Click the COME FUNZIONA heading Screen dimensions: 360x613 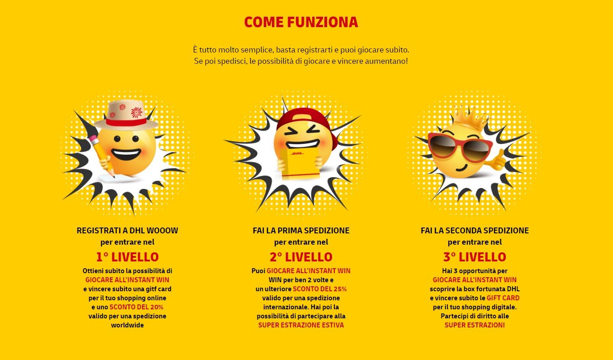(301, 22)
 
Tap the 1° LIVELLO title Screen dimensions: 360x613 (127, 257)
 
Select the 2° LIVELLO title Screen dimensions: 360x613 (301, 257)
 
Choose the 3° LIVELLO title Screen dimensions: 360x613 (475, 257)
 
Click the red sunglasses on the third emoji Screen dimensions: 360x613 (459, 146)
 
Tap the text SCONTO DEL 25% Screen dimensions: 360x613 (320, 289)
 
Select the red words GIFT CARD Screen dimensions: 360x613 (503, 298)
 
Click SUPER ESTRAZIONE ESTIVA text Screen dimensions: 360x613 (301, 325)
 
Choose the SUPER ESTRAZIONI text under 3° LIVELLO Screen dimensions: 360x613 (475, 325)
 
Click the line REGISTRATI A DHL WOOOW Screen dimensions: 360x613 (127, 231)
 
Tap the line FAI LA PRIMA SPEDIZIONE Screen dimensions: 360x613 (301, 231)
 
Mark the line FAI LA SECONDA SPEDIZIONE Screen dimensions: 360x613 (475, 231)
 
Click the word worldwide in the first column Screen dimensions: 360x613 (127, 325)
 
